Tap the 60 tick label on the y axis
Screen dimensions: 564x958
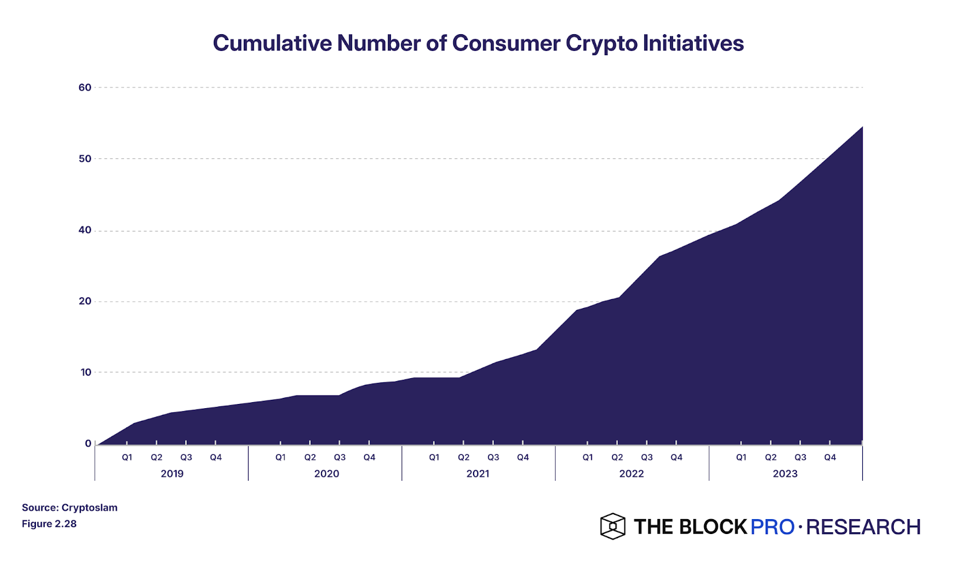(85, 88)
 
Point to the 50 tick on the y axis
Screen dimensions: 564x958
(85, 159)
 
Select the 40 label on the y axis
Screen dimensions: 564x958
(85, 230)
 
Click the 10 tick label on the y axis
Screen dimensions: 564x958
(86, 372)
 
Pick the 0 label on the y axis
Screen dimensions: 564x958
(89, 444)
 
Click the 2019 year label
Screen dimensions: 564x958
(172, 473)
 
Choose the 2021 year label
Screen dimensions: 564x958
(478, 473)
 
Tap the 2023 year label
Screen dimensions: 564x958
(785, 473)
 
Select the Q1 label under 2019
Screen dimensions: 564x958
(127, 457)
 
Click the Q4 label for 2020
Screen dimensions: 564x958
(369, 457)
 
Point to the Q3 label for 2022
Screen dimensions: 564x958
(647, 457)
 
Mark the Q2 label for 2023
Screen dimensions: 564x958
(771, 457)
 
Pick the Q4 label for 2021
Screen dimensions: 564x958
(523, 457)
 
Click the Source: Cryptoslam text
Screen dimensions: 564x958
(69, 508)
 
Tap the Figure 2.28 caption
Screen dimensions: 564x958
(49, 524)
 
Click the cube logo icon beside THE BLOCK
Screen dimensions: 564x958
(613, 526)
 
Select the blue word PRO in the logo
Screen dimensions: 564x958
(772, 527)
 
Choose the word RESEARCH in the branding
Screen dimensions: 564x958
(863, 527)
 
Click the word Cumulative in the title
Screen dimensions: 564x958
(272, 44)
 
